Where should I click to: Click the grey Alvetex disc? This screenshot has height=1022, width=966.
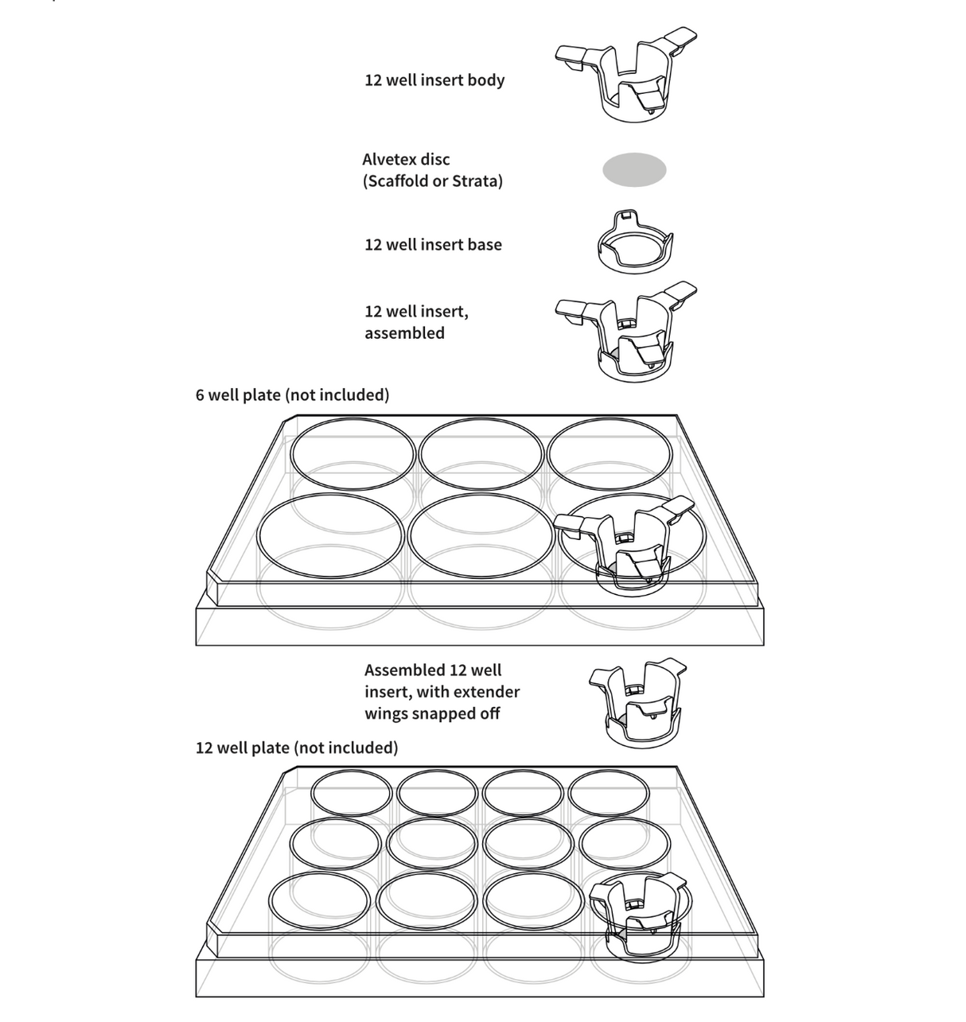point(634,169)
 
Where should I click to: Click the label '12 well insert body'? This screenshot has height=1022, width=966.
point(434,80)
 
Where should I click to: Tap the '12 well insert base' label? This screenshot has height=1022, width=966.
point(433,245)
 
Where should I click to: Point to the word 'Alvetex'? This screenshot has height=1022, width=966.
point(395,159)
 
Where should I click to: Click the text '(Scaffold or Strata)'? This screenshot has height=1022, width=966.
point(433,181)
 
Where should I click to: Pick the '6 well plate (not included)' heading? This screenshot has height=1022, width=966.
point(292,394)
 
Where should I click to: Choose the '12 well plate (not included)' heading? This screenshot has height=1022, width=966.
point(297,748)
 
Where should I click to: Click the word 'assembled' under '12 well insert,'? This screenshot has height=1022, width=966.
point(404,333)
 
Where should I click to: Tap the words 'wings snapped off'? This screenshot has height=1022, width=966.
point(432,713)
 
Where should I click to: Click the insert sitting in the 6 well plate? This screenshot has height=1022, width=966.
point(629,545)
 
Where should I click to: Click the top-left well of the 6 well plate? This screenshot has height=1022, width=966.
point(353,456)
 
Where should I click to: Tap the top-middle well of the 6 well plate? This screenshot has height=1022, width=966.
point(481,455)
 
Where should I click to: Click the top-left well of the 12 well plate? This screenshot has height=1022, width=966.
point(352,793)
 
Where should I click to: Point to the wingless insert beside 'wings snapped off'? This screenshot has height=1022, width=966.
point(637,702)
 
